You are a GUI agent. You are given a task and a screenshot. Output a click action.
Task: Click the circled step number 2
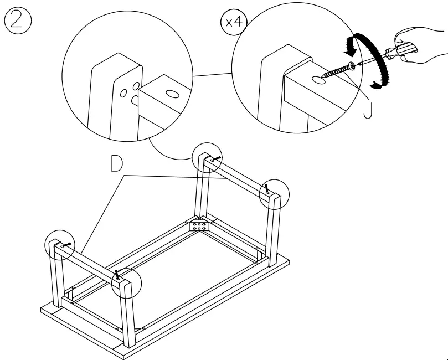[x=17, y=20]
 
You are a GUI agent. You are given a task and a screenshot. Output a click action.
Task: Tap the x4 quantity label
[x=232, y=23]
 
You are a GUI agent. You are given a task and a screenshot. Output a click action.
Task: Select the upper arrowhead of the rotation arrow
[x=350, y=48]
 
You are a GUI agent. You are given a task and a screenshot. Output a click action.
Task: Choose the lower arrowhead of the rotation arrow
[x=377, y=84]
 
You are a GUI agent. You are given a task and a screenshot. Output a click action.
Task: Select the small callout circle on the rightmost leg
[x=275, y=193]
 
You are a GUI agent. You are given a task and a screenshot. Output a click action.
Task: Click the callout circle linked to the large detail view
[x=207, y=160]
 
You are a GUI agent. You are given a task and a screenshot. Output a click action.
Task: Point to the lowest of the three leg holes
[x=134, y=100]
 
